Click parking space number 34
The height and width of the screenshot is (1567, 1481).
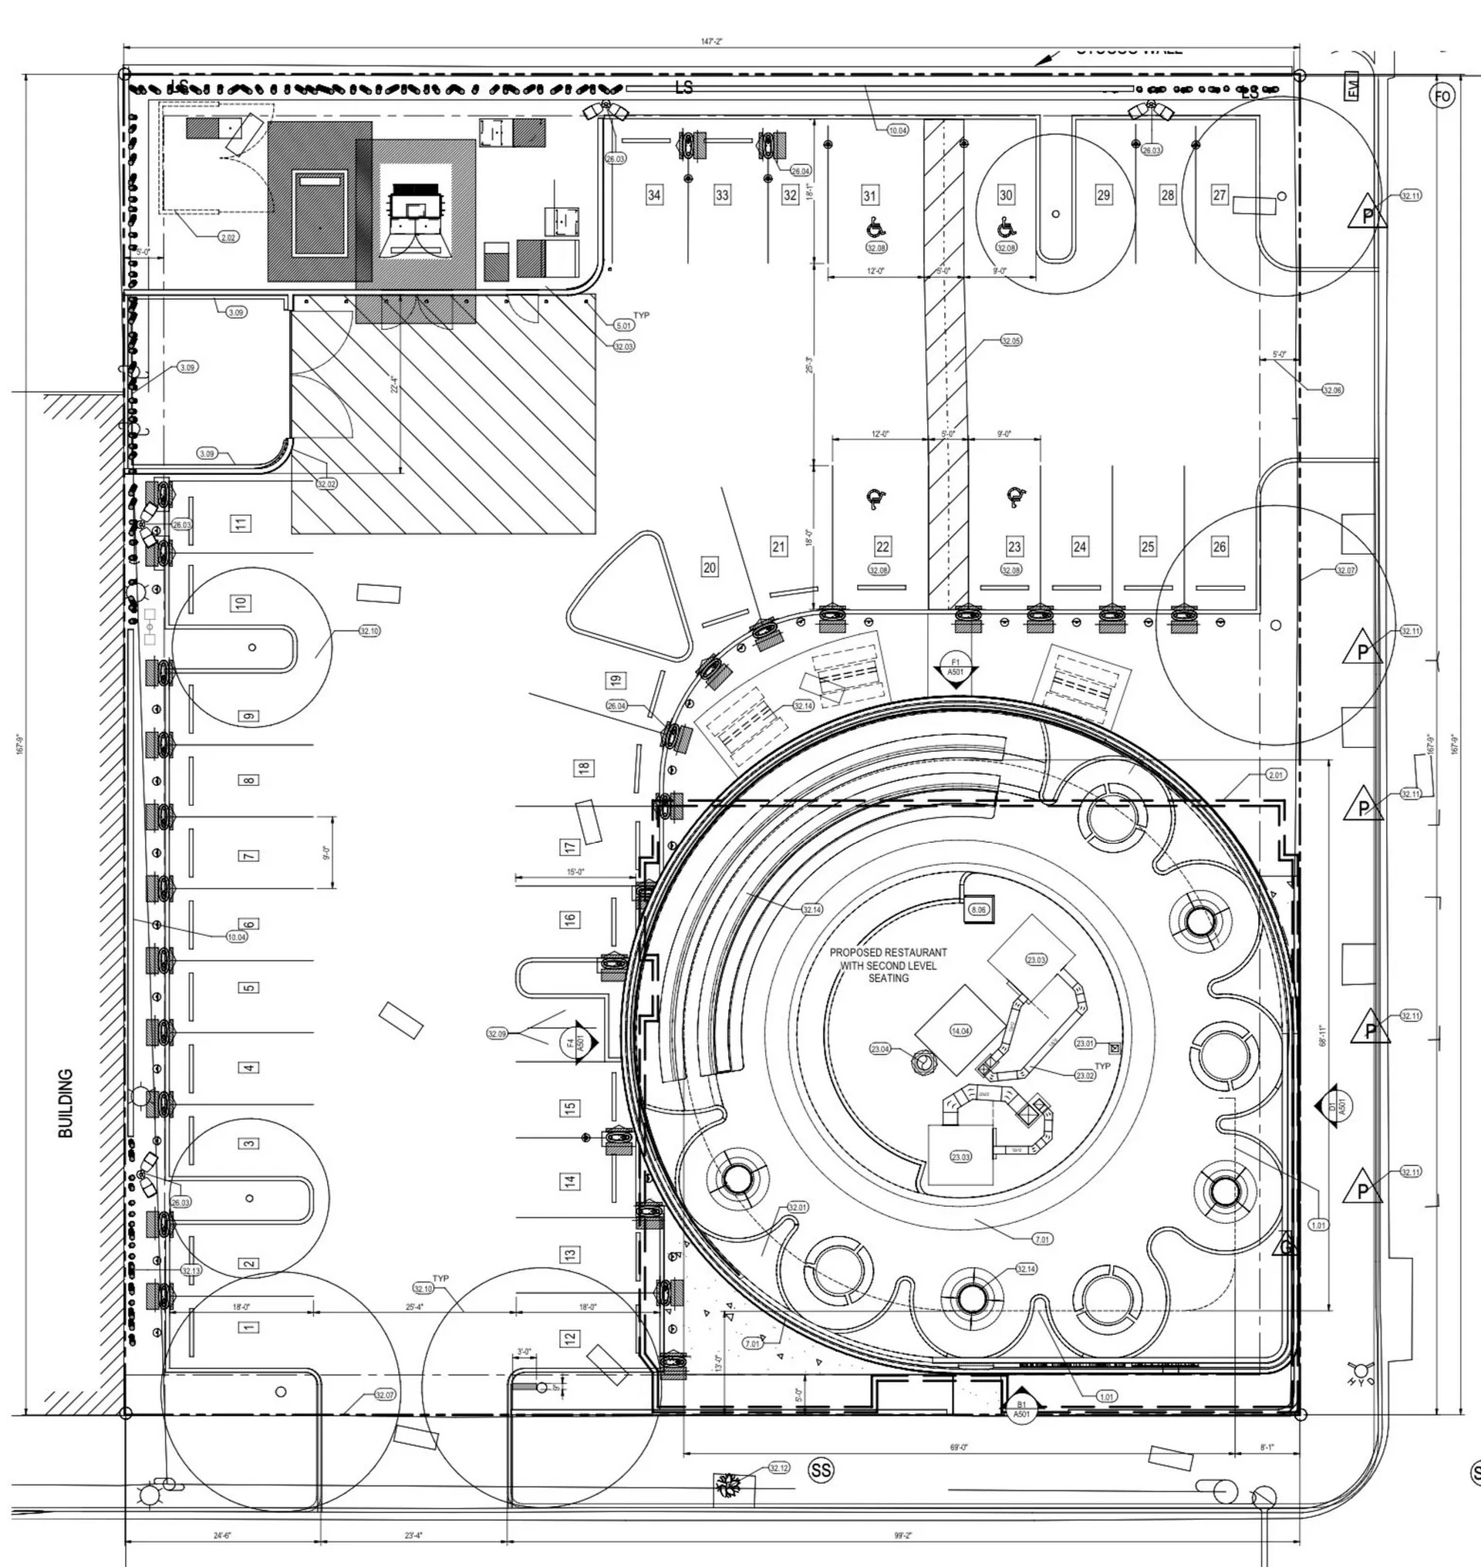coord(653,194)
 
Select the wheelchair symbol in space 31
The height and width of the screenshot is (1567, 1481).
coord(874,227)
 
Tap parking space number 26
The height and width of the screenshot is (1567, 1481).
coord(1220,546)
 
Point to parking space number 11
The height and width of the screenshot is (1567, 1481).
coord(241,523)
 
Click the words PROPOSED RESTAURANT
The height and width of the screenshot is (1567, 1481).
coord(888,952)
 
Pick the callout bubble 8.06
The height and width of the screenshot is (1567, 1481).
coord(979,909)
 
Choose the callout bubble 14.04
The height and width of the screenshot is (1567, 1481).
coord(961,1031)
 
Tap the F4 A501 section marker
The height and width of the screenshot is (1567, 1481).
coord(579,1043)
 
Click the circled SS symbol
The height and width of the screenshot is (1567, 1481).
coord(821,1469)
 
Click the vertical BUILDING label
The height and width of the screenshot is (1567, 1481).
coord(66,1103)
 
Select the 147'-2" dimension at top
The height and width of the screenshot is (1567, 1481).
coord(711,41)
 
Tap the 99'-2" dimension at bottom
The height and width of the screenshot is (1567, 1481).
coord(902,1535)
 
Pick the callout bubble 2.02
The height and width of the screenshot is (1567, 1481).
coord(228,237)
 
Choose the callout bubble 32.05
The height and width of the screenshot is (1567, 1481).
coord(1010,340)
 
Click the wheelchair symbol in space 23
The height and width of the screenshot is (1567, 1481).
coord(1015,497)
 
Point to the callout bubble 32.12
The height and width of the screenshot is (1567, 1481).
coord(778,1468)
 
